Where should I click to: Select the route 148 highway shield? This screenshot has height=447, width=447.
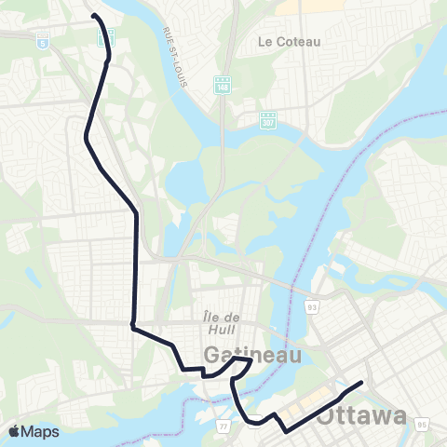(223, 84)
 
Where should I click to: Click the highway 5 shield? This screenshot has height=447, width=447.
(41, 40)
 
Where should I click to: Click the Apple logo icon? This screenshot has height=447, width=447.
(15, 431)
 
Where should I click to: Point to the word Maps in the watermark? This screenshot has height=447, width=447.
(41, 431)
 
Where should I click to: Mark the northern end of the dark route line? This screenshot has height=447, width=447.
(94, 15)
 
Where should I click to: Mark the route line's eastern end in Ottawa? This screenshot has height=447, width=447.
(361, 382)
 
